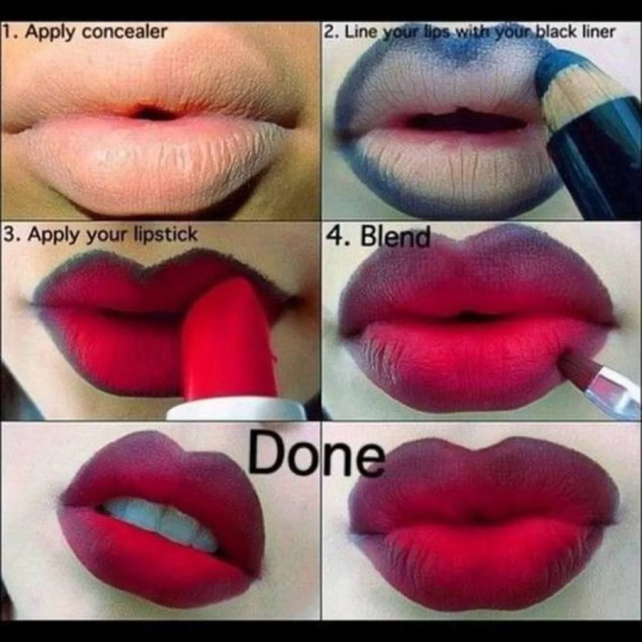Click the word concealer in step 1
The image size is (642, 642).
coord(124,32)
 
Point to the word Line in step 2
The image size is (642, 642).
coord(361,32)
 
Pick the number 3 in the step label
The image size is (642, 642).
coord(10,235)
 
